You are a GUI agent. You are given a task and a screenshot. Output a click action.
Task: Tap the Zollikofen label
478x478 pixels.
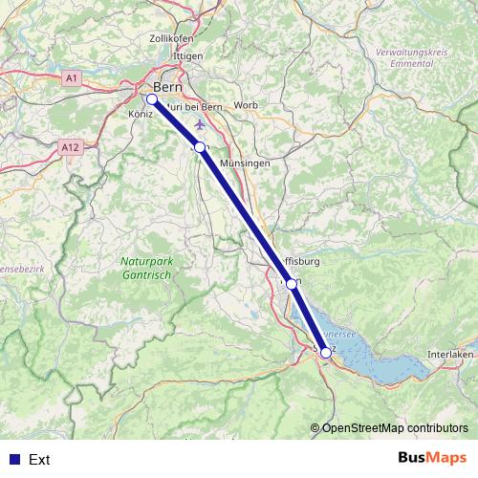click(172, 38)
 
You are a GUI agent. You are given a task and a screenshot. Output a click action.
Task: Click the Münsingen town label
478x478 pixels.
click(246, 163)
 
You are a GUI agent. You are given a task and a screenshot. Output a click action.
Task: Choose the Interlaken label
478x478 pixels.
click(450, 354)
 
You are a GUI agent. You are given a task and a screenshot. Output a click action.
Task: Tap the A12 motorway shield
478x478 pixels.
click(67, 148)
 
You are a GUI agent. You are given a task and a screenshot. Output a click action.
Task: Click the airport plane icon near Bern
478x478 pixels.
click(199, 124)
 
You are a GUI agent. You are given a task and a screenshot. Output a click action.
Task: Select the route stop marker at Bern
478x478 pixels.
click(152, 98)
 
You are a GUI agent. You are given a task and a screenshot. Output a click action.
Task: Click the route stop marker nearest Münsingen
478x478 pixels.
click(199, 147)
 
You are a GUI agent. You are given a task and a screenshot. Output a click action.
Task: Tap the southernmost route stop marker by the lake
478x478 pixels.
click(326, 353)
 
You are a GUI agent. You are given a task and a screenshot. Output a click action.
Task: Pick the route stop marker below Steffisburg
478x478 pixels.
click(292, 283)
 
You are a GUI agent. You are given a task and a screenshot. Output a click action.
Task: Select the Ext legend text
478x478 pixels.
click(39, 460)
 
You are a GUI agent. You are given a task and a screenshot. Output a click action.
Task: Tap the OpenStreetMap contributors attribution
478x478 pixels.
click(395, 428)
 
